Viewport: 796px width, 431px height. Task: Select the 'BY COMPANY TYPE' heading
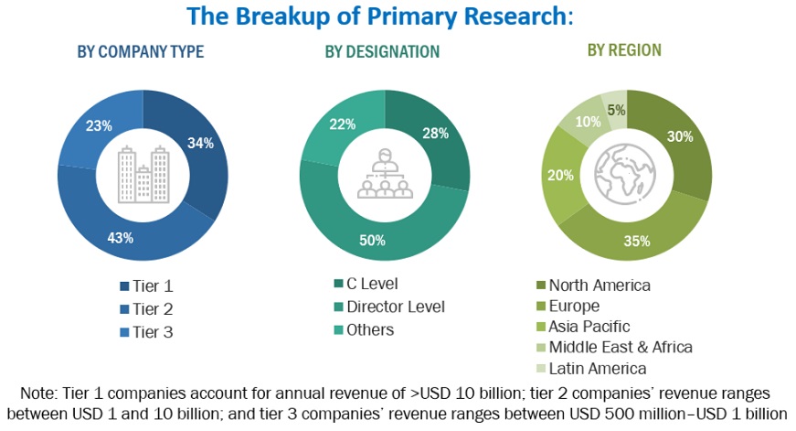pos(141,51)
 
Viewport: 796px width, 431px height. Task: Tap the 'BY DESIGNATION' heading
pos(382,51)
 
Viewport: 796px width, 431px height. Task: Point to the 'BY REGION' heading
pos(624,49)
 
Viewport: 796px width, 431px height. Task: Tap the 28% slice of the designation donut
pos(436,135)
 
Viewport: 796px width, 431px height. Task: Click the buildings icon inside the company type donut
pos(143,176)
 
